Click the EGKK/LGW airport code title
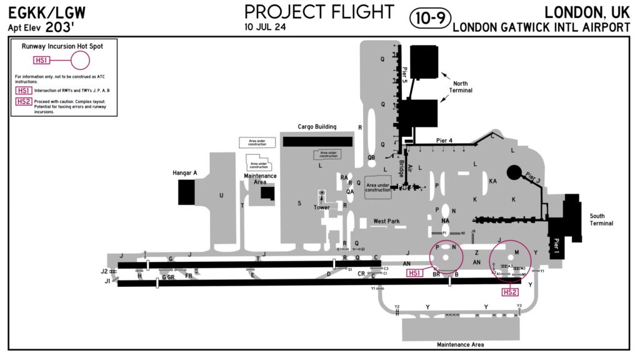(x=47, y=12)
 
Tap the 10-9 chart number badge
(x=430, y=18)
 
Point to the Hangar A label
(x=185, y=172)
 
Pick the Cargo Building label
(x=317, y=127)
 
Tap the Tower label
(x=321, y=207)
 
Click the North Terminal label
(x=461, y=87)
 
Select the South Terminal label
(x=601, y=219)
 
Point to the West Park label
(x=386, y=221)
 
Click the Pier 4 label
(x=442, y=141)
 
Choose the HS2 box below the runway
(x=511, y=292)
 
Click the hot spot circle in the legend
(x=80, y=61)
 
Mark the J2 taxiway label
(x=104, y=271)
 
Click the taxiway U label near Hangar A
(x=221, y=196)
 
